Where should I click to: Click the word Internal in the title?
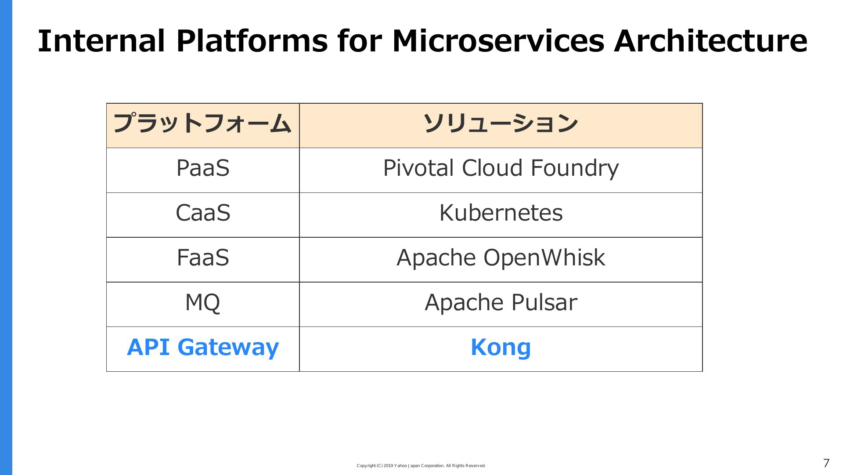click(101, 41)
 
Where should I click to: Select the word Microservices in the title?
click(498, 41)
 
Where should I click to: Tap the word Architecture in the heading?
click(710, 41)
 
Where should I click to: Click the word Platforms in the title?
click(252, 41)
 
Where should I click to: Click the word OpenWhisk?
click(544, 257)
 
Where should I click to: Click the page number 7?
click(826, 463)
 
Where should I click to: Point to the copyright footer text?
click(421, 466)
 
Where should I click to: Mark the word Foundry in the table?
click(575, 168)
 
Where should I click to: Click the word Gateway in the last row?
click(228, 348)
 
